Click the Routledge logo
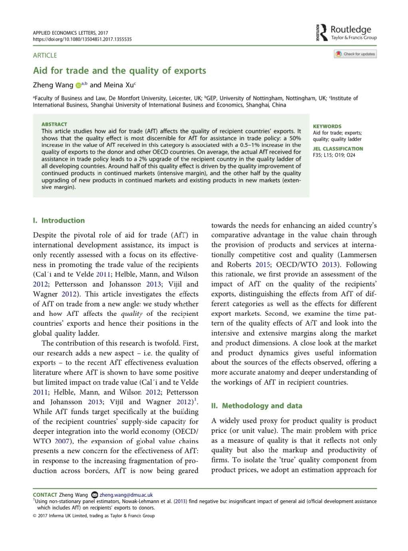coord(346,32)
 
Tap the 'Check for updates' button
coord(355,54)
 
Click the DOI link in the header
coord(82,39)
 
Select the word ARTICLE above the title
coord(45,55)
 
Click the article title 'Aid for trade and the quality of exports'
coord(119,71)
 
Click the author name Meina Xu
coord(118,85)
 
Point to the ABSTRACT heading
coord(54,124)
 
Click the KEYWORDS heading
coord(327,126)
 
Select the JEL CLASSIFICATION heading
coord(338,149)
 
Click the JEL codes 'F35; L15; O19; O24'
coord(334,155)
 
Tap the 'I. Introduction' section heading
coord(59,220)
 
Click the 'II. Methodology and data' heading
coord(257,406)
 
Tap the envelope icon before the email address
coord(95,495)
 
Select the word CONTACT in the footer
coord(45,495)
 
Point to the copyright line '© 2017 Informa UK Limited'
coord(94,515)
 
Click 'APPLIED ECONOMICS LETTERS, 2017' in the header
coord(70,33)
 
